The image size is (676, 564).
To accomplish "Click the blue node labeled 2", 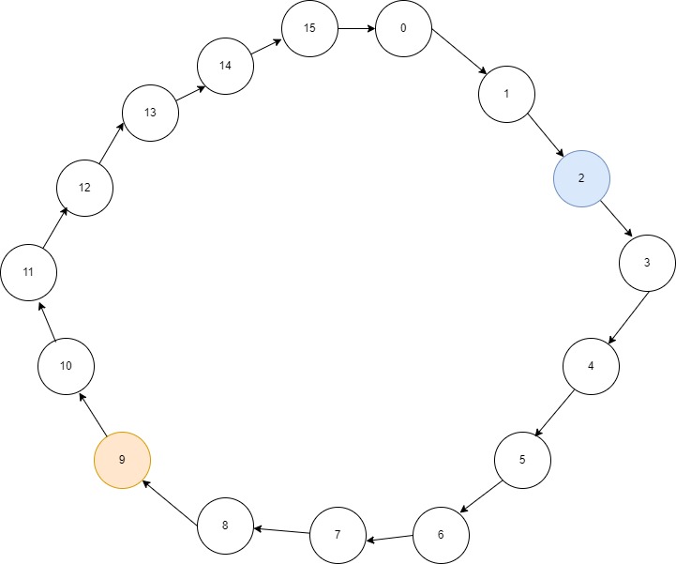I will click(x=581, y=178).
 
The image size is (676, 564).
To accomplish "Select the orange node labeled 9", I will click(x=122, y=460).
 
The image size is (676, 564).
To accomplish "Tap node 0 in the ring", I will click(x=403, y=28).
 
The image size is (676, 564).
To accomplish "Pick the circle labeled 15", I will click(x=309, y=28).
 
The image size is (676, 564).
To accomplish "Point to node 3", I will click(x=647, y=263).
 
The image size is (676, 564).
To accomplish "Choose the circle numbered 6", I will click(x=441, y=535).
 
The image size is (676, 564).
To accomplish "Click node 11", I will click(x=28, y=272).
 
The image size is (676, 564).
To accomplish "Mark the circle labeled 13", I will click(x=150, y=113).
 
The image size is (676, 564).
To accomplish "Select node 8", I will click(x=225, y=526).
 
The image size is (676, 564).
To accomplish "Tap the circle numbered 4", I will click(x=591, y=366).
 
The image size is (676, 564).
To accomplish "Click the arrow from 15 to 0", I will click(x=356, y=28).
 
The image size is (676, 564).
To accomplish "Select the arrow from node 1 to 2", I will click(x=544, y=135).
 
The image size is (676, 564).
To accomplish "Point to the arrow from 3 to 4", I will click(x=630, y=319).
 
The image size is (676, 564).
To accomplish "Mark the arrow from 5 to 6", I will click(x=482, y=498).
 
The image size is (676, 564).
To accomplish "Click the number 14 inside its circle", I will click(x=225, y=66).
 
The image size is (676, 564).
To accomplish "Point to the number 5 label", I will click(x=522, y=460).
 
